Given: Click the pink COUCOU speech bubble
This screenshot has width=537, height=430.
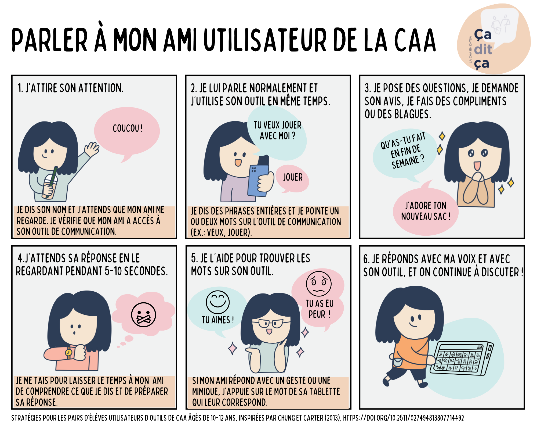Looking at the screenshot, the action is click(127, 132).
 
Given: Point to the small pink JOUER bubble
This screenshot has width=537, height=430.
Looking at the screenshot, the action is click(292, 178).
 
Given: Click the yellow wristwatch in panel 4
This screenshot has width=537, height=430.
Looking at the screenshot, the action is click(69, 352).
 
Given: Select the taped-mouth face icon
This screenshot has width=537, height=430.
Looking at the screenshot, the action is click(144, 315).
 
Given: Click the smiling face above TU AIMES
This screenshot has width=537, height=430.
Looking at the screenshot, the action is click(218, 302).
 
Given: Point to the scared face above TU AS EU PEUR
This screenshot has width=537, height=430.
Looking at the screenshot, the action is click(319, 284).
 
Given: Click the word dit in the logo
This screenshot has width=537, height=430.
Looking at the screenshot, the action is click(483, 49).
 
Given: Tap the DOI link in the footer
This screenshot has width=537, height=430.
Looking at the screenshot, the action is click(403, 418).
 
